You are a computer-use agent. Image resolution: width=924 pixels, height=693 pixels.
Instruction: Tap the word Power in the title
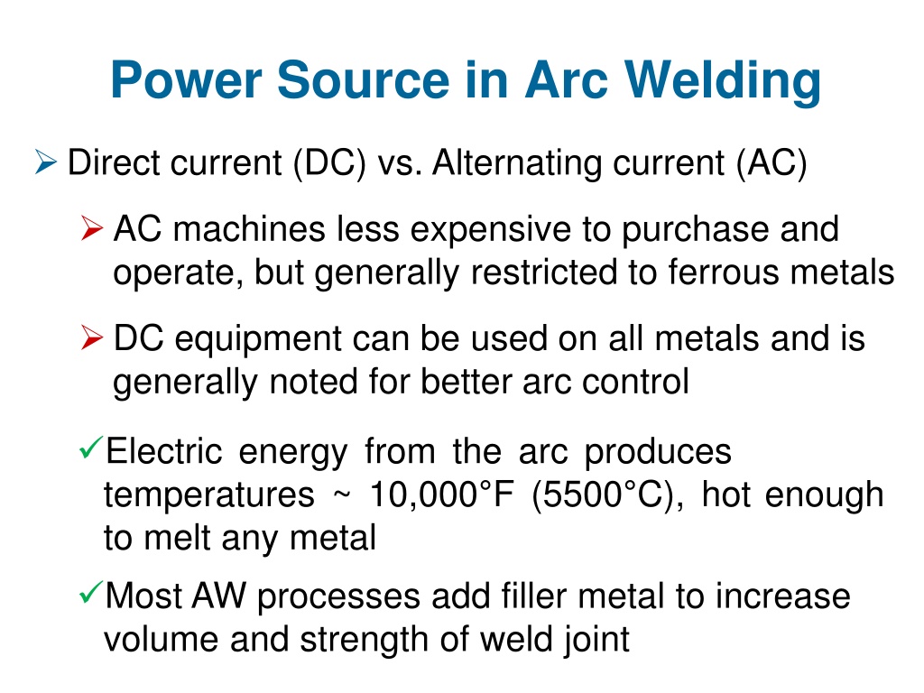(x=186, y=80)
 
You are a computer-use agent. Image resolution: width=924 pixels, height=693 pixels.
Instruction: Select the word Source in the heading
(x=364, y=80)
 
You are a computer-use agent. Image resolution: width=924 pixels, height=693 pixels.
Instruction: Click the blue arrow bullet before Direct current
(x=45, y=162)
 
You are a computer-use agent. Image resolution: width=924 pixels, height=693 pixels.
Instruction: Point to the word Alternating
(x=517, y=163)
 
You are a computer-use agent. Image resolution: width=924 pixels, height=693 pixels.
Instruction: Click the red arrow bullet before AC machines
(x=92, y=228)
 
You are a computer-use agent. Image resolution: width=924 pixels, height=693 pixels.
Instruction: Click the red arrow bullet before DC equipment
(x=92, y=337)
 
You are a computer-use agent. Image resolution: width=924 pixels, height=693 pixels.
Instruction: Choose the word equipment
(x=258, y=340)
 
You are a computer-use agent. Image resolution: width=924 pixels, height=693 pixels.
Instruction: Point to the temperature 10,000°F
(x=441, y=494)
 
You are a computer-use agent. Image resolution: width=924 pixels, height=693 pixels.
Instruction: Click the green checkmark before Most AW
(x=91, y=592)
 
